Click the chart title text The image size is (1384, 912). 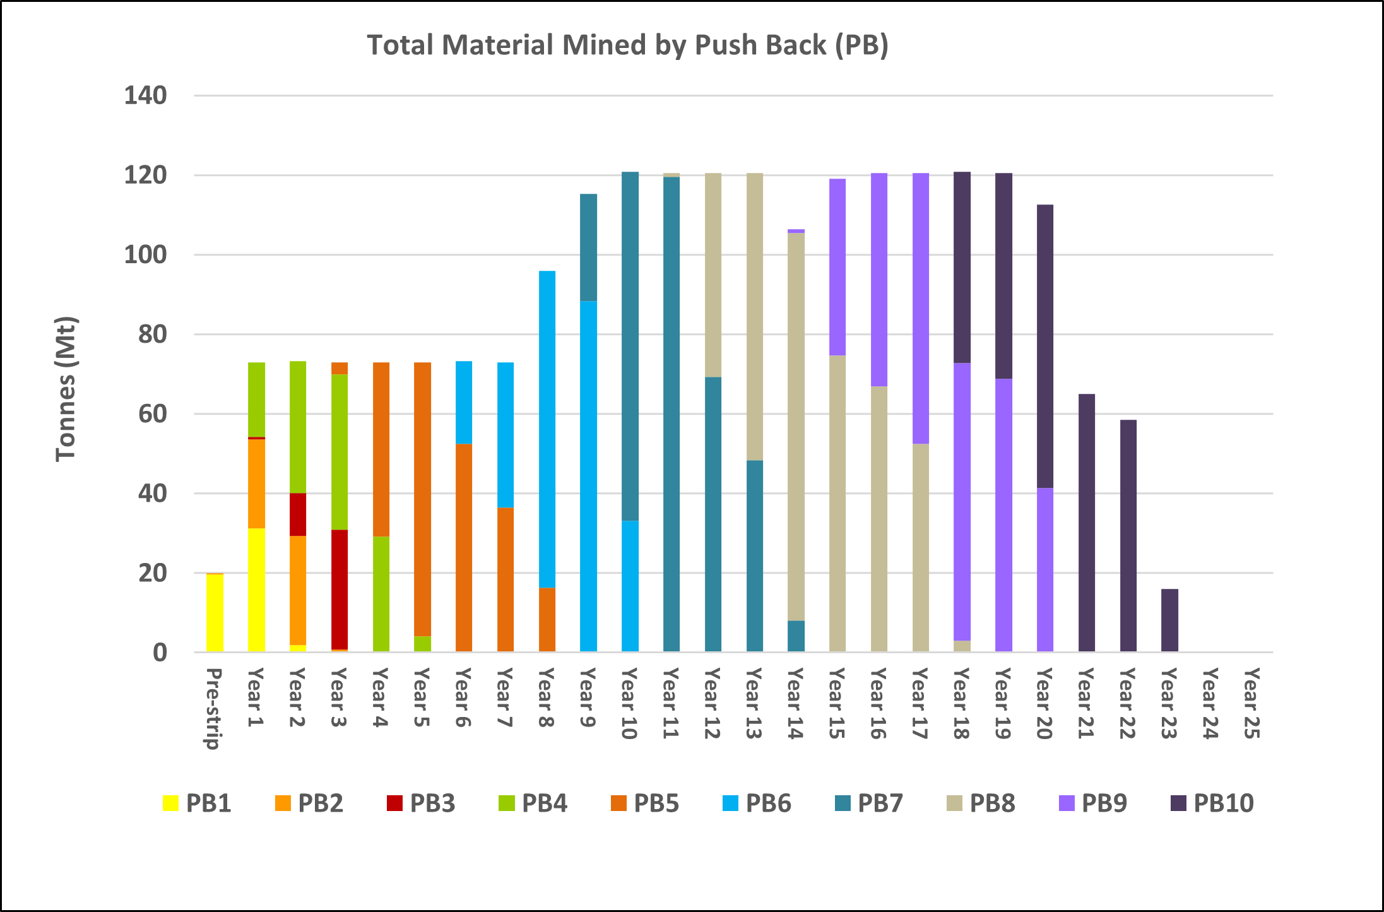point(627,45)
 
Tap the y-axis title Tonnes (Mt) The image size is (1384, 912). point(66,389)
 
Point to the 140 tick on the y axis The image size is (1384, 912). point(145,96)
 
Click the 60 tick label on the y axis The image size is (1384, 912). point(152,414)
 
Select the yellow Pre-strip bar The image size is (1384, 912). point(215,612)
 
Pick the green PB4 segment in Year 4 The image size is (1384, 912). point(381,593)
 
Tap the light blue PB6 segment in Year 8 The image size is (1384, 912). point(547,429)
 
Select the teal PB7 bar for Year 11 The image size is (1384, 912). point(671,413)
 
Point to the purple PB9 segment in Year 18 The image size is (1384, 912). point(962,502)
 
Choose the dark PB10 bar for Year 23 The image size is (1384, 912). point(1169,620)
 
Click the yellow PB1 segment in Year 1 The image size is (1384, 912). point(256,589)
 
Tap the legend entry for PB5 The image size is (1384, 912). point(645,803)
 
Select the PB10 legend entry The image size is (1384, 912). point(1212,803)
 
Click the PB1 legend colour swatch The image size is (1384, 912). point(170,803)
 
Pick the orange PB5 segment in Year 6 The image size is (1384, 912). point(464,547)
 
